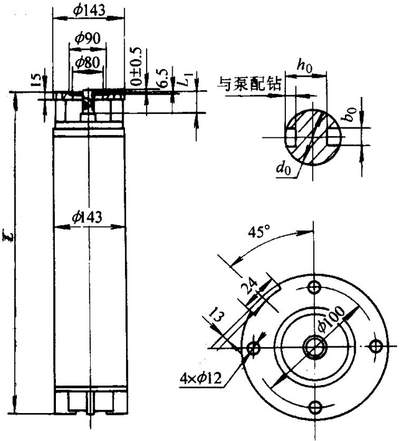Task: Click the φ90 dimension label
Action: [87, 38]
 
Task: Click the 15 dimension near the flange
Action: [36, 80]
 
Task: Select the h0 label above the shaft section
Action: [304, 64]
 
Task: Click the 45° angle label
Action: [257, 233]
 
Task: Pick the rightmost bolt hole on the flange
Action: [375, 346]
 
